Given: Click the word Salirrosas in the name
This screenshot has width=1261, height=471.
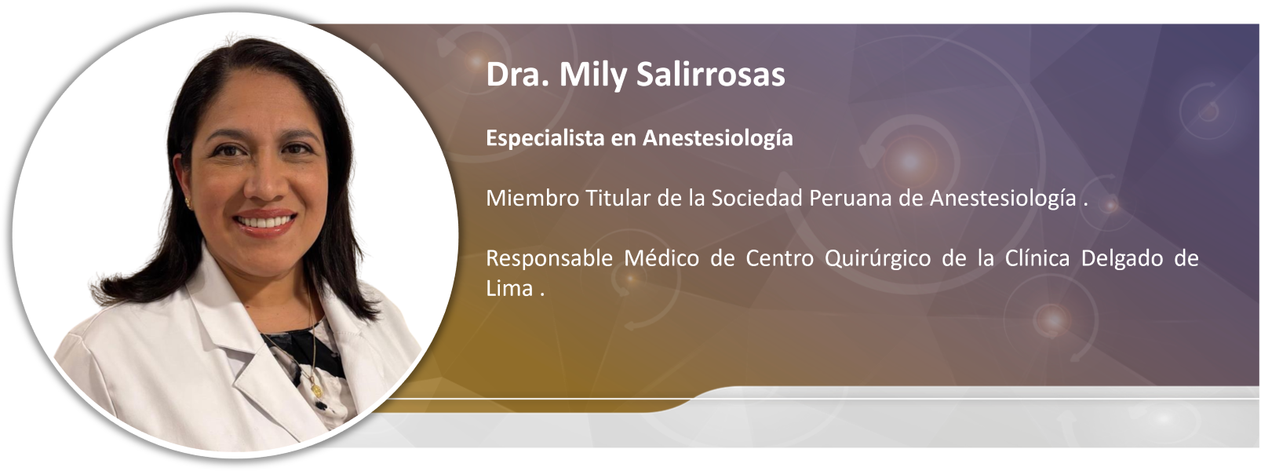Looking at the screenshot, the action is click(x=711, y=75).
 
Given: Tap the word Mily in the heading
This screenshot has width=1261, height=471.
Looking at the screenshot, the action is click(x=592, y=75).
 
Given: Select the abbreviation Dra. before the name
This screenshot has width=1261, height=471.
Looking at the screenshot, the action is click(x=518, y=75).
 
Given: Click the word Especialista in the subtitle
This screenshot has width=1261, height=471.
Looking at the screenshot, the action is click(x=545, y=138).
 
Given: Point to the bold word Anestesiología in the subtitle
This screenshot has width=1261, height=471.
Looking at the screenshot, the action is click(x=718, y=138).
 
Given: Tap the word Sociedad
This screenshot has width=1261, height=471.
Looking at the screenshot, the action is click(x=757, y=198).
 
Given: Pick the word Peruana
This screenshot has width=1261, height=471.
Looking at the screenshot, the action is click(x=851, y=198).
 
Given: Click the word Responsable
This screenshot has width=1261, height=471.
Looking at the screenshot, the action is click(x=548, y=258).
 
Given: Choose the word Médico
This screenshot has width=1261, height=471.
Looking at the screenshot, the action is click(x=662, y=258).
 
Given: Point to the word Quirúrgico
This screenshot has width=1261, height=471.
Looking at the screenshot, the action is click(x=877, y=258).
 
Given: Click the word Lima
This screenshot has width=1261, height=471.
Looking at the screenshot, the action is click(x=509, y=288).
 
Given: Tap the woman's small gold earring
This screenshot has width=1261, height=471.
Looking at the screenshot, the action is click(x=188, y=201).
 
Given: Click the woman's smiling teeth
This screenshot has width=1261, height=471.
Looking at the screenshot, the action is click(x=264, y=222).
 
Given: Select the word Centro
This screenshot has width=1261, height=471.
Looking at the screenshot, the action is click(x=780, y=258).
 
